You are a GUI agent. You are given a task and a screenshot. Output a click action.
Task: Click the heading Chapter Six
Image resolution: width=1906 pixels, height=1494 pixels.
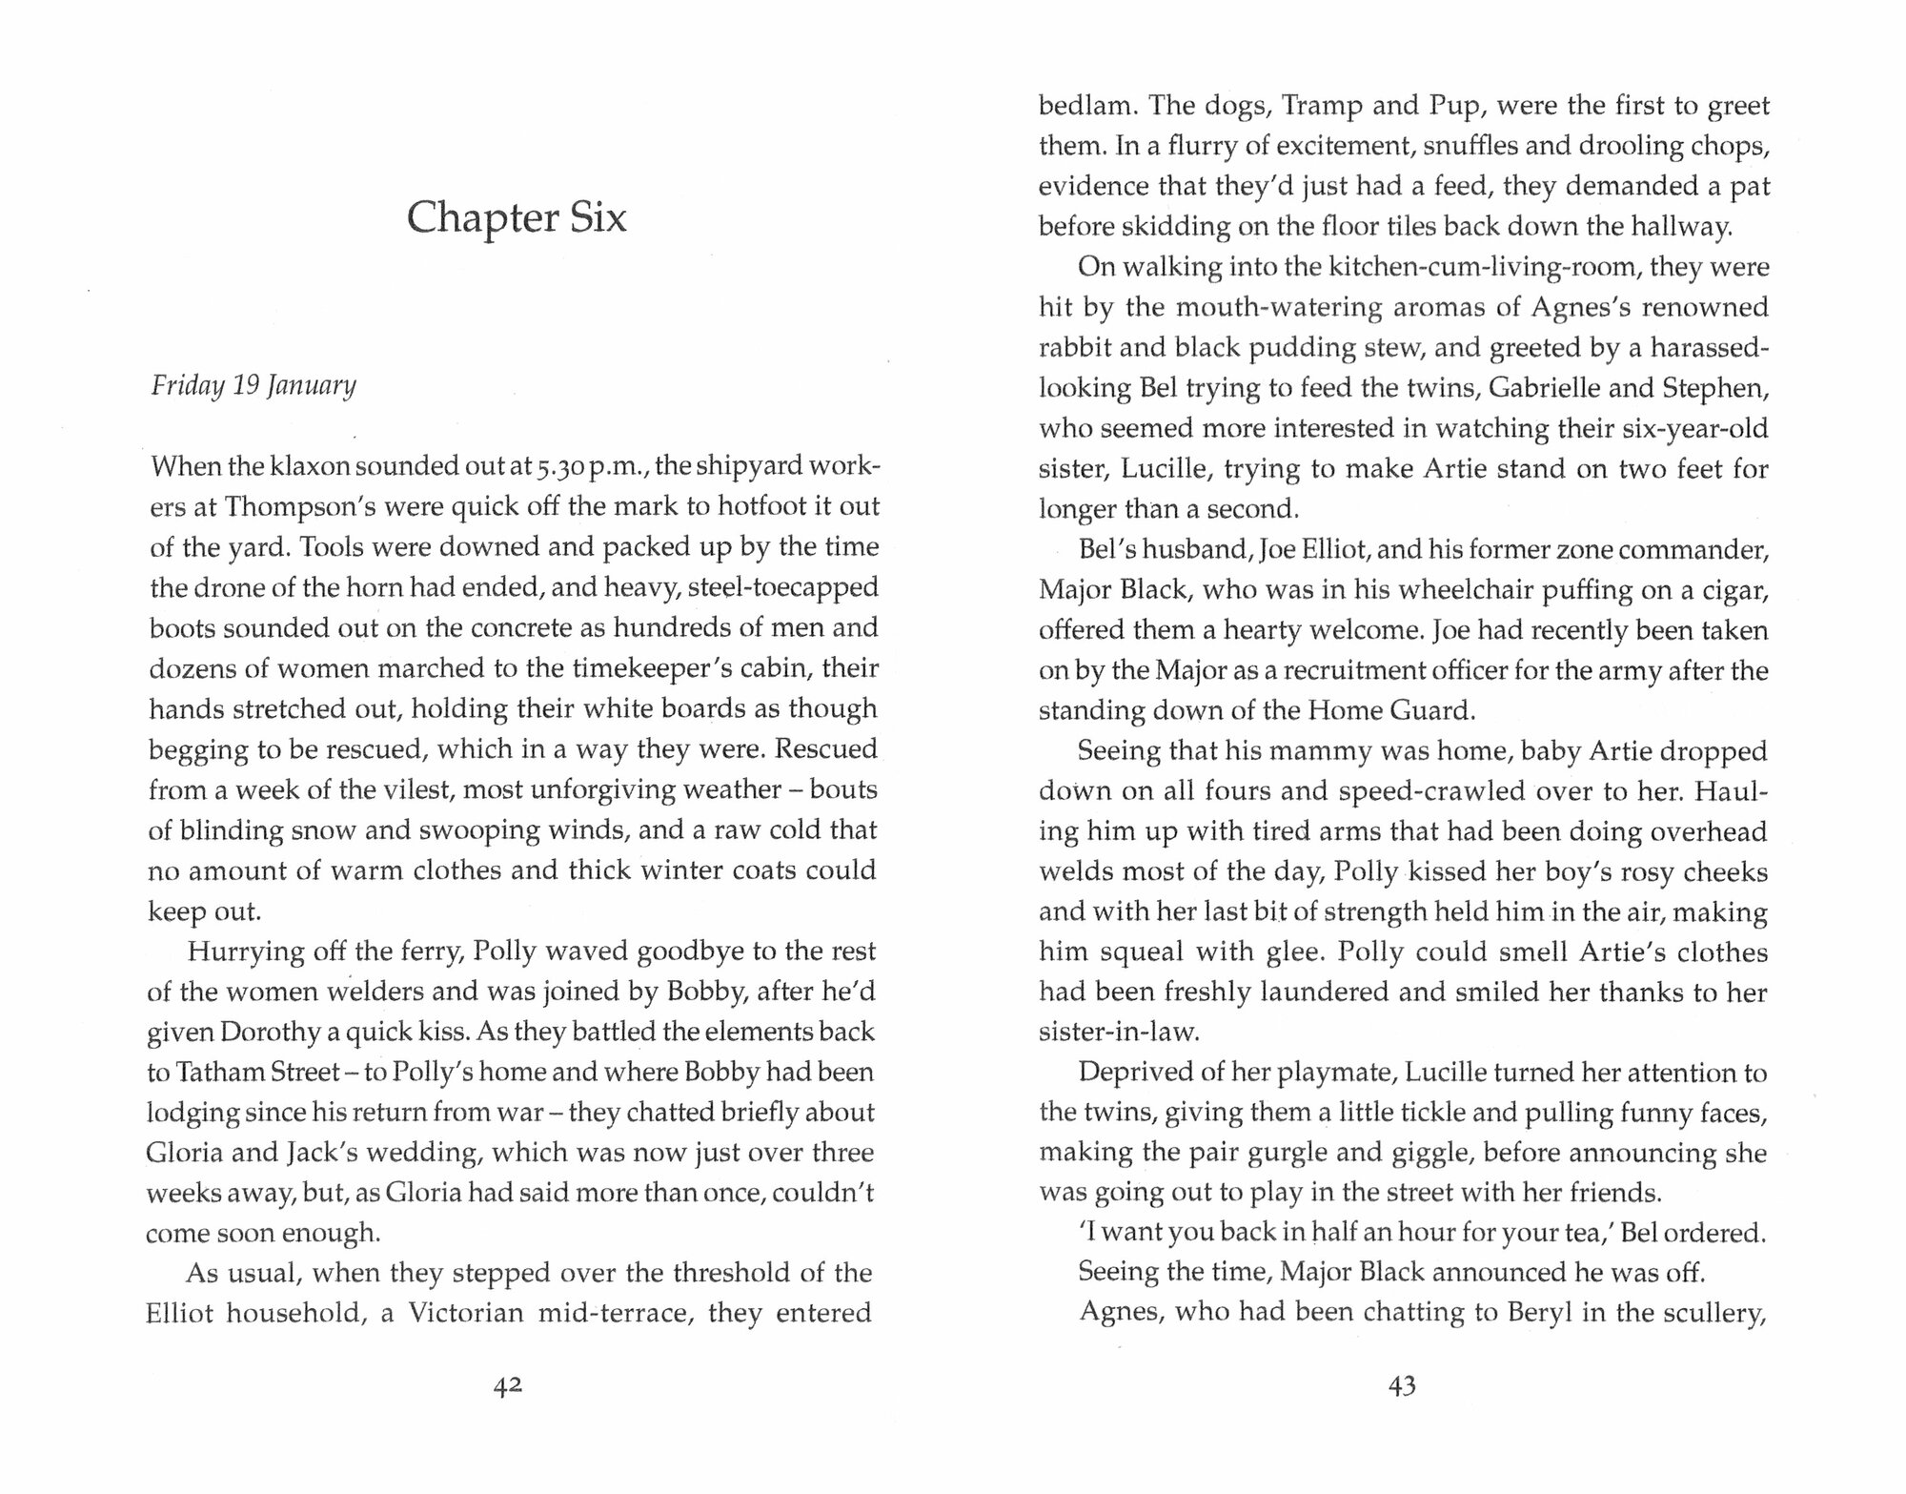pyautogui.click(x=517, y=219)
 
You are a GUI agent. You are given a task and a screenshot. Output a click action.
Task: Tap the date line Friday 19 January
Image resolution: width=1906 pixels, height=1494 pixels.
pyautogui.click(x=253, y=386)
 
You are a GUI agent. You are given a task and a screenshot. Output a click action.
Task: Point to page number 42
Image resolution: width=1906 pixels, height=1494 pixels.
pyautogui.click(x=508, y=1387)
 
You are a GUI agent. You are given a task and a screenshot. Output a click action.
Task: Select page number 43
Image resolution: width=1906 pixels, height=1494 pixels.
pyautogui.click(x=1403, y=1387)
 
